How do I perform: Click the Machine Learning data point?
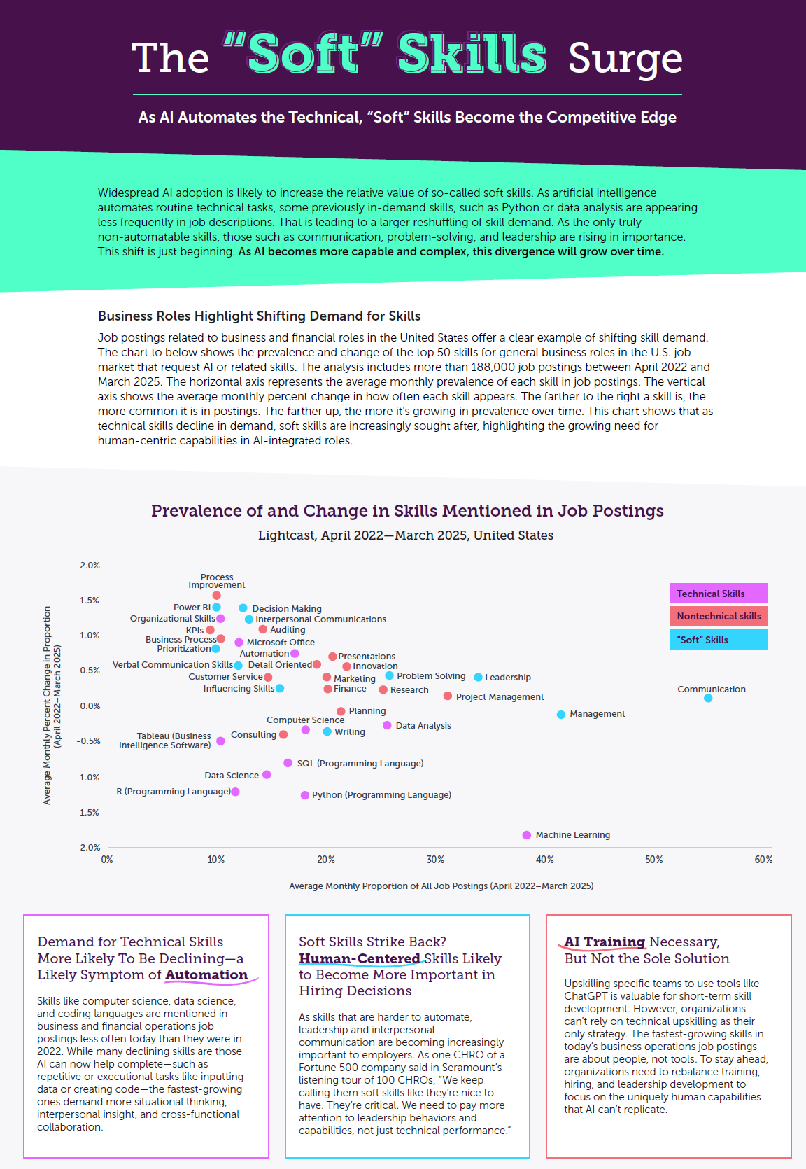pos(527,835)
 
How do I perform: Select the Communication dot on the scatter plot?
pos(708,698)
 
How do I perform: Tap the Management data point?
pos(561,715)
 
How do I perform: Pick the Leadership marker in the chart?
pos(478,678)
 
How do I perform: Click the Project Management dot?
pos(448,696)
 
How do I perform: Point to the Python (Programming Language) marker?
pos(305,795)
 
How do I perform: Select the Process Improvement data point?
pos(217,596)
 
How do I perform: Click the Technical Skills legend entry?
pos(719,594)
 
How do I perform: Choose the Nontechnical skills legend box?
pos(719,616)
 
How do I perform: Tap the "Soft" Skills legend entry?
pos(719,640)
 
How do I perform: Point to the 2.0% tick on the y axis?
pos(90,566)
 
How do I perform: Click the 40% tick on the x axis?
pos(545,860)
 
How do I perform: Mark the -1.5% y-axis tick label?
pos(88,813)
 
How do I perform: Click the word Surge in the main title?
pos(625,59)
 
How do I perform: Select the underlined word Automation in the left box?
pos(206,975)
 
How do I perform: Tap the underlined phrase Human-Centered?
pos(360,959)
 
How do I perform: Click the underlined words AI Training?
pos(604,942)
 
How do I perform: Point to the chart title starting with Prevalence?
pos(407,511)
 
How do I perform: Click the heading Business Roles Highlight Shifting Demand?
pos(260,316)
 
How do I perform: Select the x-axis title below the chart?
pos(441,886)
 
